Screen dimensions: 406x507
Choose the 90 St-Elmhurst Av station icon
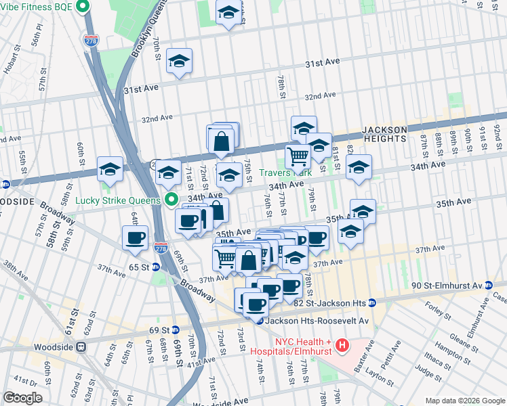point(486,286)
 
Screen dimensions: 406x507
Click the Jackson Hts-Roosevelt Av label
point(317,321)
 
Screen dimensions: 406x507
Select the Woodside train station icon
point(81,346)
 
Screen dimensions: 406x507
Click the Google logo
point(23,398)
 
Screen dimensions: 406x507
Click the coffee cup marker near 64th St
point(135,238)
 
